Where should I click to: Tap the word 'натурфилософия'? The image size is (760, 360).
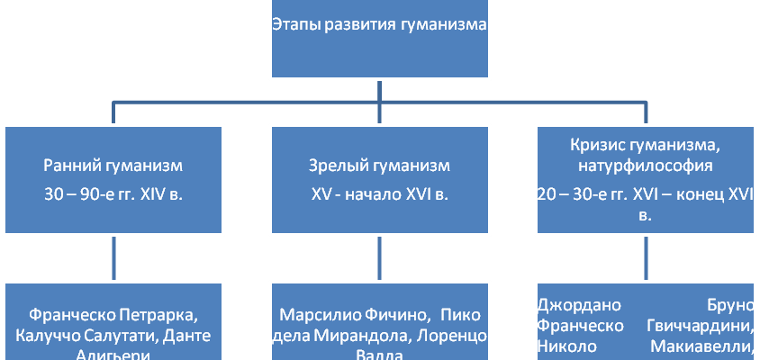click(x=647, y=166)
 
